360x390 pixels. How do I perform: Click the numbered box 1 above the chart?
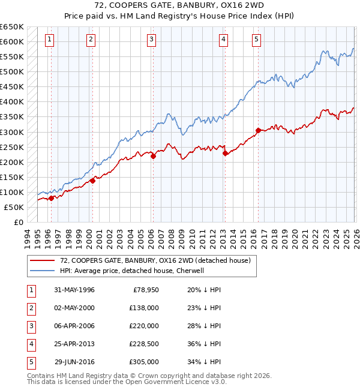(49, 40)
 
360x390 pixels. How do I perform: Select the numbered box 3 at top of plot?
(151, 40)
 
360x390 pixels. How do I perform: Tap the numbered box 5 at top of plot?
(256, 40)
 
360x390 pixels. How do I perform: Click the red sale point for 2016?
(258, 130)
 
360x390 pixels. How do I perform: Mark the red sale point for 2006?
(153, 156)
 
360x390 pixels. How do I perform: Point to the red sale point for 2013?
(225, 154)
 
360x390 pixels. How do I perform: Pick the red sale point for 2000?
(92, 181)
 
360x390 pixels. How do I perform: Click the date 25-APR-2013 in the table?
(74, 344)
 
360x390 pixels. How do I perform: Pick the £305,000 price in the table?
(144, 362)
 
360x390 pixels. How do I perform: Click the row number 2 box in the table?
(31, 308)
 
